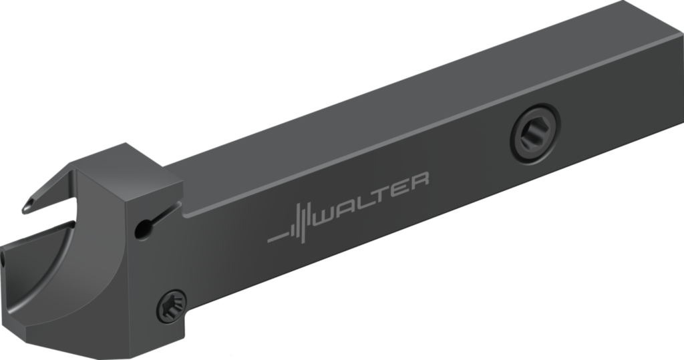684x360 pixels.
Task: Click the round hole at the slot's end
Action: (x=142, y=229)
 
